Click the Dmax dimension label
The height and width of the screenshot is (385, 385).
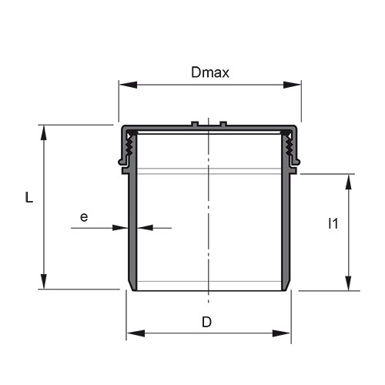coord(210,72)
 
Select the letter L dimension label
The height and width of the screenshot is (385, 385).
coord(29,198)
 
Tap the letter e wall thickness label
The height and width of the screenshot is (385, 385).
coord(84,217)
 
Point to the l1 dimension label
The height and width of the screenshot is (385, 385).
coord(333,223)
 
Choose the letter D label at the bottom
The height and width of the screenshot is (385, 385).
coord(206,322)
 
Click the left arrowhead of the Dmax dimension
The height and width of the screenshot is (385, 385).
coord(129,85)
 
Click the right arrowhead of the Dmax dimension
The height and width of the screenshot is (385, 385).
coord(292,85)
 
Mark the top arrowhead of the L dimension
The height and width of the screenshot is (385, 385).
coord(44,133)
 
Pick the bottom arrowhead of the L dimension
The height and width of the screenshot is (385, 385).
coord(44,281)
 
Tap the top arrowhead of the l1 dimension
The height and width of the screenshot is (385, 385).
coord(348,182)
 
